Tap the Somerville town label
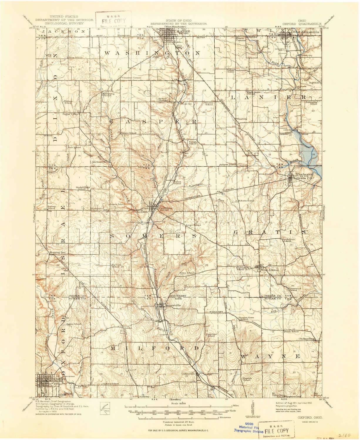173,305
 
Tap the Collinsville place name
188,374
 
